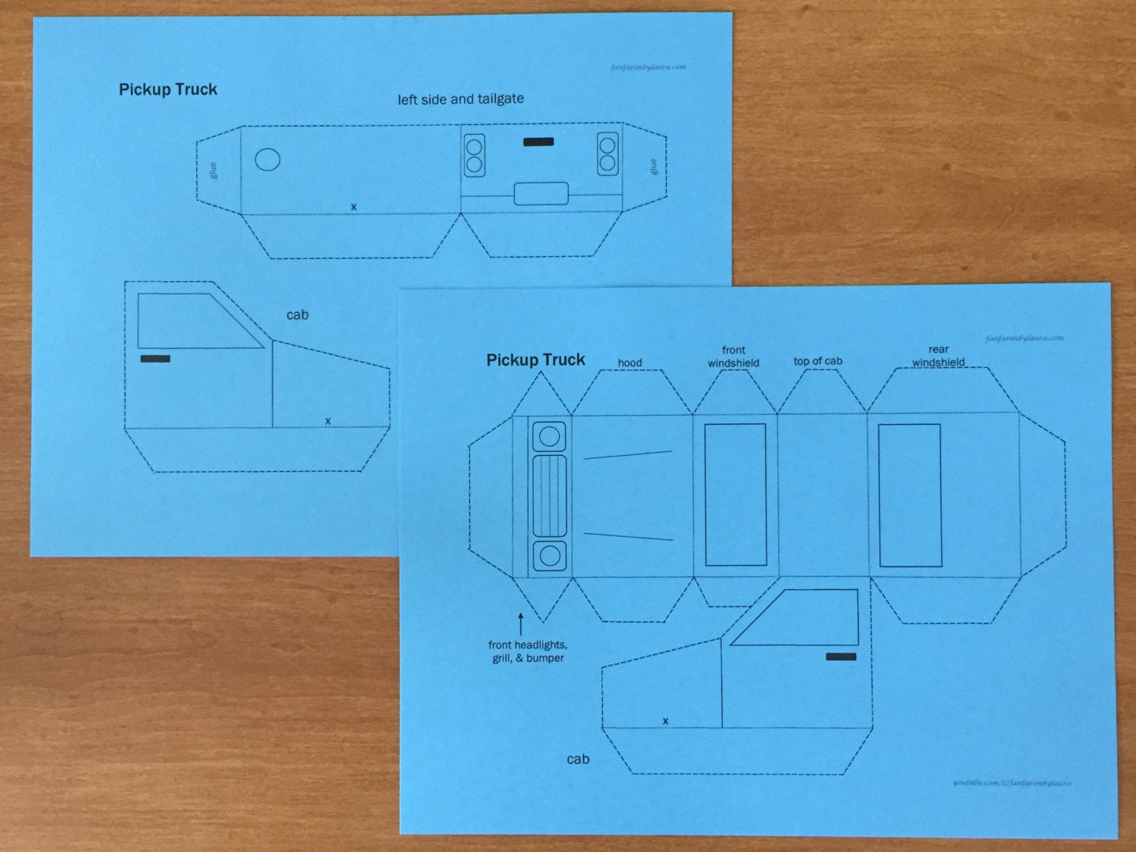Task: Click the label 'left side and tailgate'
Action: tap(460, 99)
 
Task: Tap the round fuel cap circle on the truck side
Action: tap(267, 159)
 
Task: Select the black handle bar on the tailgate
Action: tap(538, 142)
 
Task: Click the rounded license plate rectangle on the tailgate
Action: tap(541, 194)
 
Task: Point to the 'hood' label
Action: tap(629, 363)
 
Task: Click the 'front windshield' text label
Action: tap(733, 357)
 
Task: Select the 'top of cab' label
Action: tap(817, 361)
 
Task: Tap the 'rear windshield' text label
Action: tap(938, 356)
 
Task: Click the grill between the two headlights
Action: tap(549, 496)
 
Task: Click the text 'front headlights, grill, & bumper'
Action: tap(528, 651)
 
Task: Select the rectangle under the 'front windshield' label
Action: tap(735, 495)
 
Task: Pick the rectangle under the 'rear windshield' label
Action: tap(910, 495)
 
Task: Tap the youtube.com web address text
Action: tap(1012, 782)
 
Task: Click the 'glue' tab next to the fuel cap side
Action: tap(214, 170)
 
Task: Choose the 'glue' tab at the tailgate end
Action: tap(653, 167)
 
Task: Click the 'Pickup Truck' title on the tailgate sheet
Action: tap(168, 89)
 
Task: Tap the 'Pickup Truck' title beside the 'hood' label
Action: tap(535, 360)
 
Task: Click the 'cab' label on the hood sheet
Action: tap(578, 759)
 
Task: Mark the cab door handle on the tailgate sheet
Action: tap(155, 358)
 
